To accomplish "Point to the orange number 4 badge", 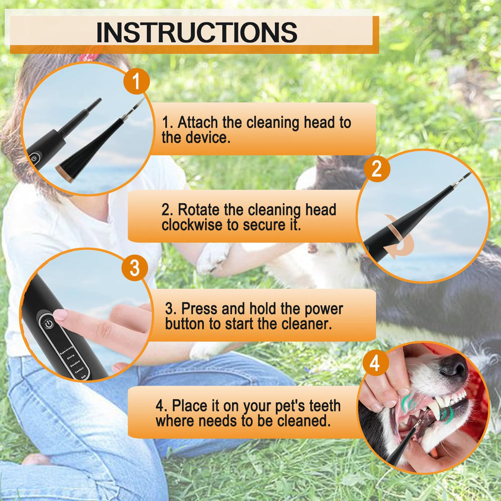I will coord(375,363).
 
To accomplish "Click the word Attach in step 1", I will coord(197,122).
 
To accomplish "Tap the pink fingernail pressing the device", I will coord(60,315).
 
